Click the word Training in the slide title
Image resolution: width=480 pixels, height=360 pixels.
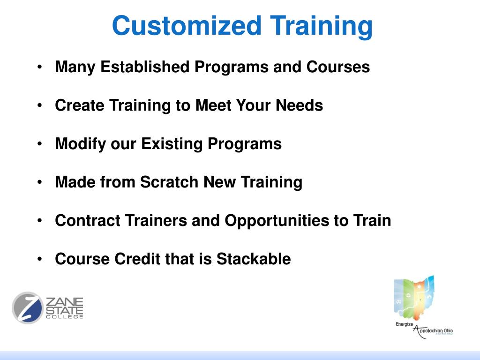pyautogui.click(x=321, y=26)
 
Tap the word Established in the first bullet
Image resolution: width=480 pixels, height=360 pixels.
pyautogui.click(x=145, y=67)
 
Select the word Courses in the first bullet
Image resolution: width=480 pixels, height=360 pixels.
pyautogui.click(x=338, y=67)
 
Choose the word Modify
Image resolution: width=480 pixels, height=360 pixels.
pyautogui.click(x=81, y=144)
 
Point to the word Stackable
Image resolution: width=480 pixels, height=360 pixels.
pyautogui.click(x=254, y=259)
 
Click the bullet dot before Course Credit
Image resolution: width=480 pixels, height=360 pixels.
pyautogui.click(x=40, y=259)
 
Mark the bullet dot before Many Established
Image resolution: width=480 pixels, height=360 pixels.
pyautogui.click(x=40, y=67)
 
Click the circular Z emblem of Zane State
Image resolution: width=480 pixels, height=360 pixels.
pyautogui.click(x=28, y=308)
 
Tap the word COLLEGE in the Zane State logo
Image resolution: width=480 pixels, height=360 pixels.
pyautogui.click(x=64, y=317)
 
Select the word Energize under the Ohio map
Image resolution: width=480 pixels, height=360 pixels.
pyautogui.click(x=404, y=324)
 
